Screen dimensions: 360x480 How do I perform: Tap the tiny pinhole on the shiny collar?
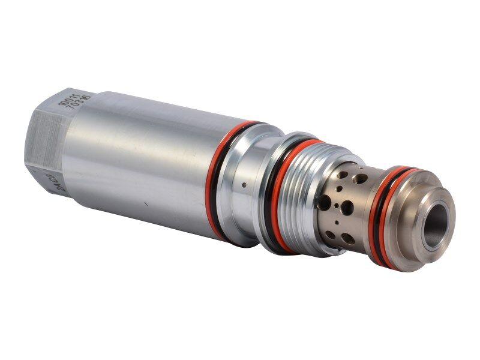point(244,185)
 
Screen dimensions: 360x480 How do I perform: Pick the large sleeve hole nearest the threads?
point(325,202)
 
